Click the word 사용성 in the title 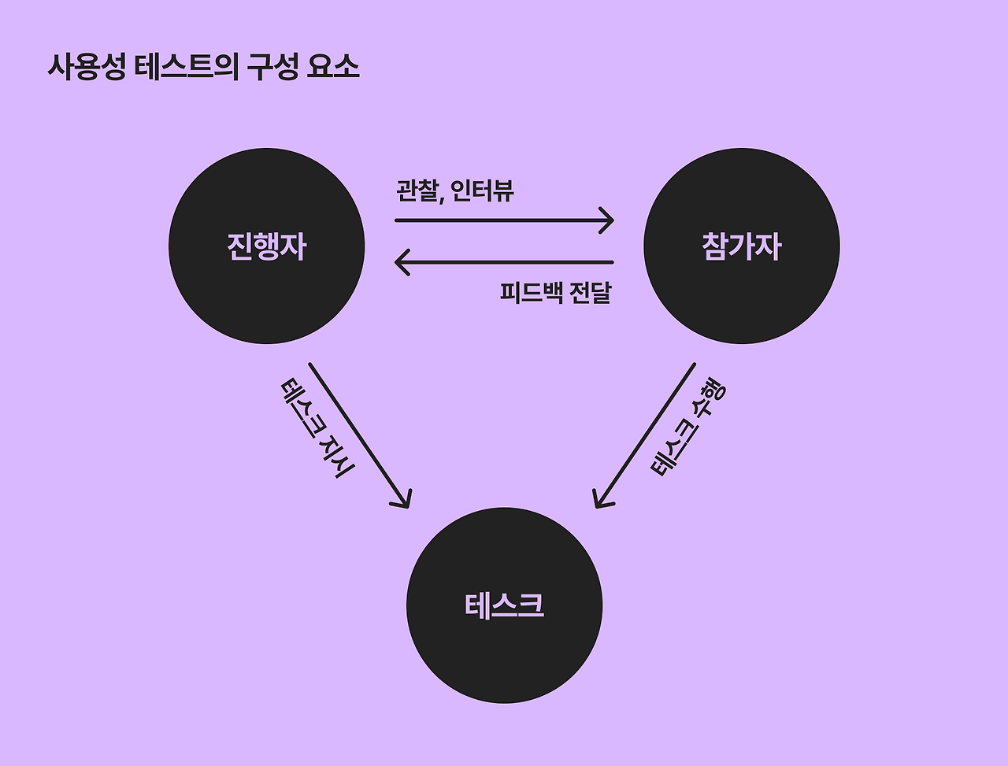(86, 67)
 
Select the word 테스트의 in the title (186, 67)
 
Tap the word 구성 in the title (272, 67)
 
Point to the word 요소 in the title (333, 67)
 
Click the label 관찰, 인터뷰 (454, 190)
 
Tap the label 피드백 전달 (555, 292)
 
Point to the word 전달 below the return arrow (589, 292)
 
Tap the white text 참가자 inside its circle (741, 246)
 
